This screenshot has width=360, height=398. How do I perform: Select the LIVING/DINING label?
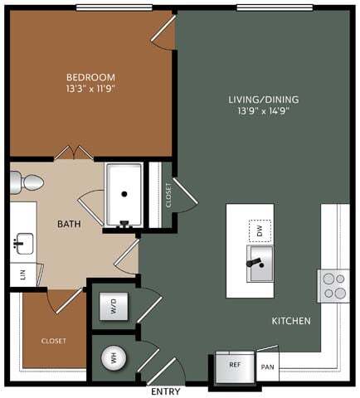[x=264, y=100]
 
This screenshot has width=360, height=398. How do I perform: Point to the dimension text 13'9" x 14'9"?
[x=264, y=112]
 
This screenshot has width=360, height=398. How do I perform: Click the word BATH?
[x=68, y=225]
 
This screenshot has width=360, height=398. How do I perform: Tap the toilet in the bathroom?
[x=28, y=182]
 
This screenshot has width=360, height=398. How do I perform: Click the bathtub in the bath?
[x=124, y=193]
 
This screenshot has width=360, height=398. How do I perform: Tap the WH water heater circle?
[x=109, y=358]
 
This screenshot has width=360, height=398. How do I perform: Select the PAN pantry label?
[x=267, y=366]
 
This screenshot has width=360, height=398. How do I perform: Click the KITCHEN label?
[x=291, y=320]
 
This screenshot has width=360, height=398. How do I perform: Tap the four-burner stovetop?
[x=334, y=284]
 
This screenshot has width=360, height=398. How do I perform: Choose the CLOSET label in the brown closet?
[x=54, y=341]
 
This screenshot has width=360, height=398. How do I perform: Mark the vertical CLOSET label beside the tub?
[x=168, y=195]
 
